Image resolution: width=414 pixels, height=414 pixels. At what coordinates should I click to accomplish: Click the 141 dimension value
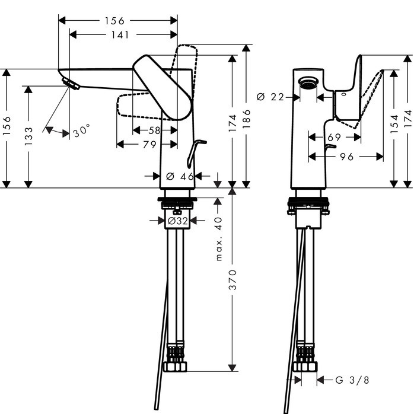(120, 35)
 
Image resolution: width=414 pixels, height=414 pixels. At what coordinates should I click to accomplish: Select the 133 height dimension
(28, 136)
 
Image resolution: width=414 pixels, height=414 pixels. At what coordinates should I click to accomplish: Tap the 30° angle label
(82, 130)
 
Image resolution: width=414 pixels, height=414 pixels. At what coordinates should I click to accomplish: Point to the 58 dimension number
(154, 130)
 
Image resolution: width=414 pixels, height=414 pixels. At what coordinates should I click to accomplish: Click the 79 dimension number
(149, 144)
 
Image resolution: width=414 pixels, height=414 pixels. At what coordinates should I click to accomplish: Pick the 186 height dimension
(246, 119)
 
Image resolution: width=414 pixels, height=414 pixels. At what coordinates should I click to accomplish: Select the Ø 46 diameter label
(180, 176)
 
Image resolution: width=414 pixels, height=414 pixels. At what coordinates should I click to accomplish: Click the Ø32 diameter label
(178, 221)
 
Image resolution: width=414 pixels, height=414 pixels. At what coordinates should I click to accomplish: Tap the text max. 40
(219, 238)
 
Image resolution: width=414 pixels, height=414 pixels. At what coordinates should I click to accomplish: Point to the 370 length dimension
(233, 280)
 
